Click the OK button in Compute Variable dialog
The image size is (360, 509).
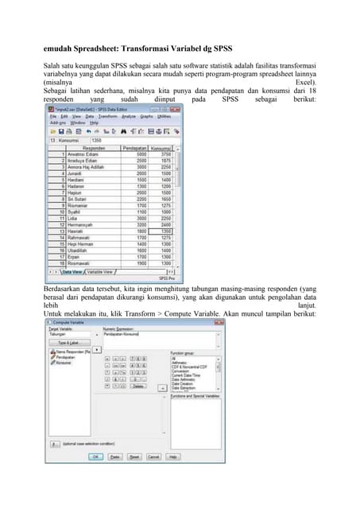[95, 457]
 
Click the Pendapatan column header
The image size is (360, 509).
[134, 148]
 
